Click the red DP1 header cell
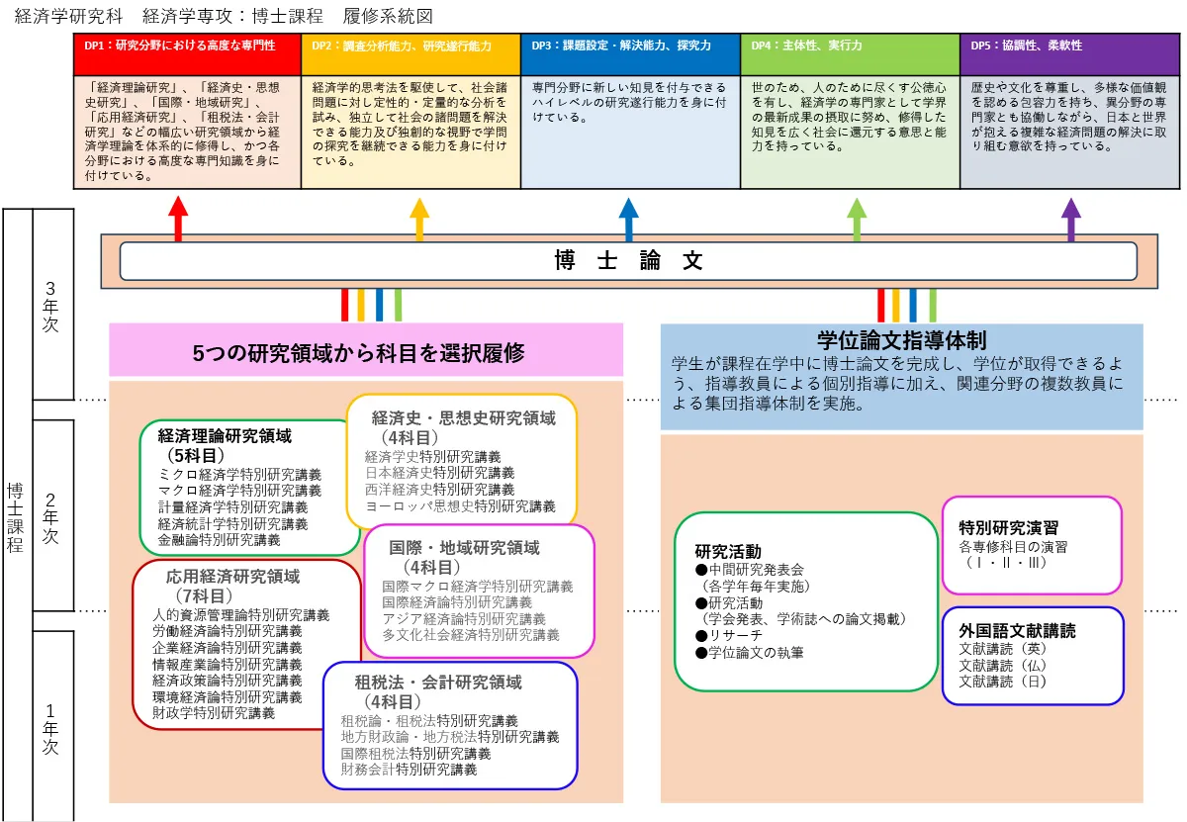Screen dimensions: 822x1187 [x=187, y=46]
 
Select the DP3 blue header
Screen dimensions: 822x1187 [x=630, y=46]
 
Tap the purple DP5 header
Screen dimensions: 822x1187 [x=1069, y=46]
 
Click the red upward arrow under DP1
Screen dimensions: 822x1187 [x=178, y=218]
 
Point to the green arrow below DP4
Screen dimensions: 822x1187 [x=857, y=218]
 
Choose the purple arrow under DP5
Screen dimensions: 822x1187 [x=1071, y=218]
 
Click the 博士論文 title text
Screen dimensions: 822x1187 [x=628, y=261]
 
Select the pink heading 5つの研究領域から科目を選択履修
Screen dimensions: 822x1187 [x=366, y=352]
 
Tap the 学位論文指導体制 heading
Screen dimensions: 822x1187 [x=901, y=340]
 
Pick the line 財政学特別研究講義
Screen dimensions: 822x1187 [x=214, y=712]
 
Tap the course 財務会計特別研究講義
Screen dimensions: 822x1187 [x=409, y=769]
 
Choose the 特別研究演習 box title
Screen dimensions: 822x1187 [x=1001, y=527]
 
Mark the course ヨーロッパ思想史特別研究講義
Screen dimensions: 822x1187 [x=460, y=505]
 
